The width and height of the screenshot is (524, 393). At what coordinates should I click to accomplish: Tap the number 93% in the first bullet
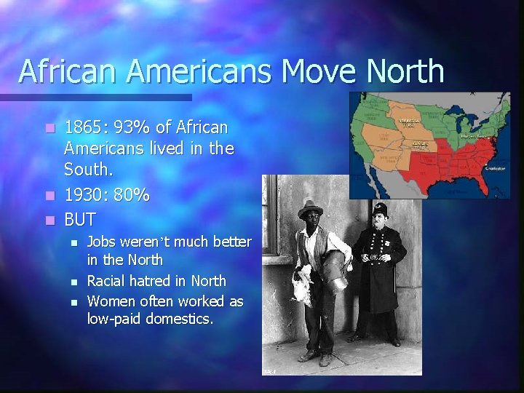131,128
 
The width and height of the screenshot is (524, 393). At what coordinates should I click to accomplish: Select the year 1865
85,128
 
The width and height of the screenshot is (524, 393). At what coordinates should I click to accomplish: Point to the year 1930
85,196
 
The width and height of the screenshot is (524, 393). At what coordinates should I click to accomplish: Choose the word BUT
80,218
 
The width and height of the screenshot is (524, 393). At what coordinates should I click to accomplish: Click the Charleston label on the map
497,168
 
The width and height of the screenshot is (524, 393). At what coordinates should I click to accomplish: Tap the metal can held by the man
336,269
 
